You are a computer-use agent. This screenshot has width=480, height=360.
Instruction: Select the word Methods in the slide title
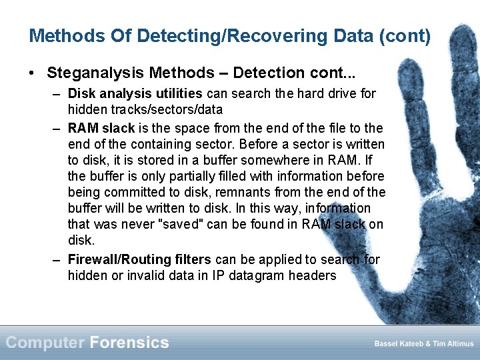[58, 35]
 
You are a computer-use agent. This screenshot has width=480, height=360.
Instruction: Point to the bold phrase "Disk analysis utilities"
[135, 94]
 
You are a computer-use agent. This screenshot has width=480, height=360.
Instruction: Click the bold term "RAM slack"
[101, 128]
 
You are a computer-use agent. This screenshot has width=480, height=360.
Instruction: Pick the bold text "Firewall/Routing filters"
[139, 259]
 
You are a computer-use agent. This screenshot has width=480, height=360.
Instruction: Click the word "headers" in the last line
[313, 275]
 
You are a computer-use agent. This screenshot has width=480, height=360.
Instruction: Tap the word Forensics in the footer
[129, 343]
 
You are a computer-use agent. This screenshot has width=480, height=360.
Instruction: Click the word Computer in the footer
[45, 343]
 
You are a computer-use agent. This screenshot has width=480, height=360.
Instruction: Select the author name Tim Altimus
[453, 344]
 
